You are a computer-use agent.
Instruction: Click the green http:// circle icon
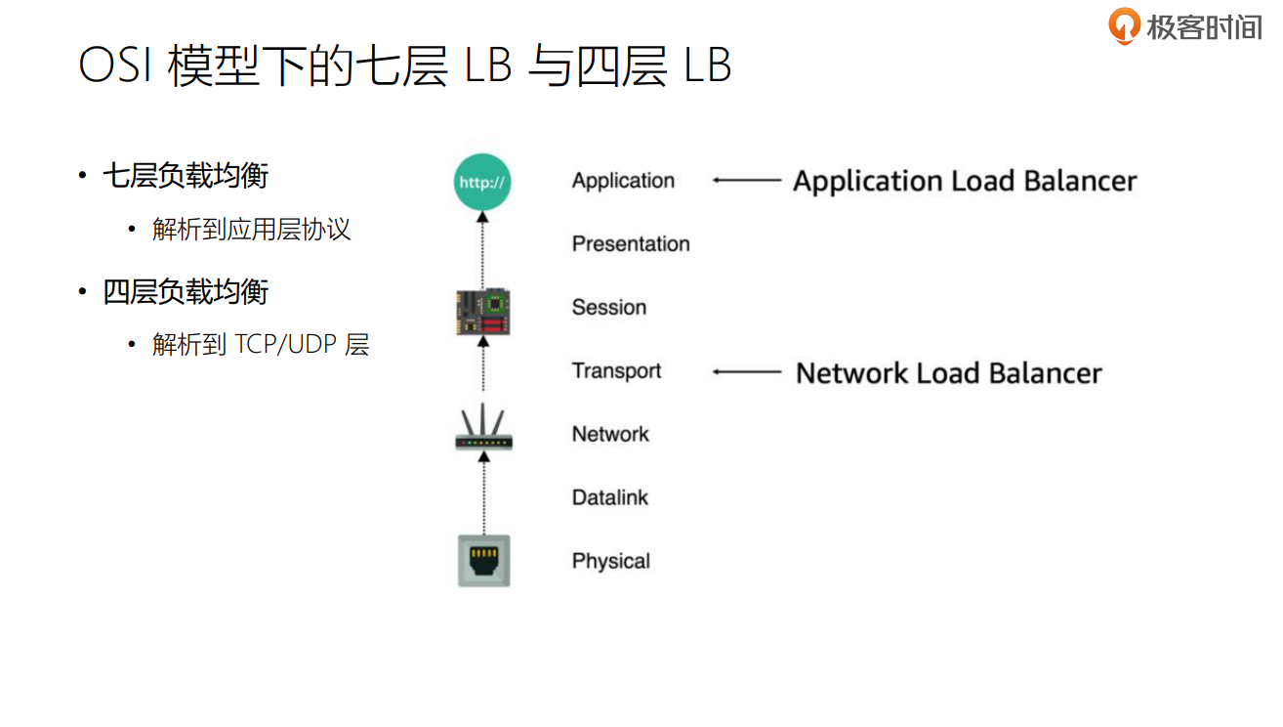[x=482, y=182]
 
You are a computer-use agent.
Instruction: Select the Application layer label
[x=623, y=181]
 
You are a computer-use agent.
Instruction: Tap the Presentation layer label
[x=631, y=244]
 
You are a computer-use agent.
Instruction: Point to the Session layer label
[x=609, y=308]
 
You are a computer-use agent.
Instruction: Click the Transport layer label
[x=616, y=371]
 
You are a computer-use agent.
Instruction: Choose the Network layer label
[x=610, y=435]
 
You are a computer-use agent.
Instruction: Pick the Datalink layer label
[x=610, y=498]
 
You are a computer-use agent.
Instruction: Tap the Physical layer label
[x=611, y=562]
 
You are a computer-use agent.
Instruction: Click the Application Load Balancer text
[x=965, y=182]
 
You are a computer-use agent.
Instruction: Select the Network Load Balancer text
[x=948, y=373]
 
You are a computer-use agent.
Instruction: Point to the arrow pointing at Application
[x=747, y=181]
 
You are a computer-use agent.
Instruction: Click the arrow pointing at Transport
[x=747, y=372]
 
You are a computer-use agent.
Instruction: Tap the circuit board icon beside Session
[x=484, y=312]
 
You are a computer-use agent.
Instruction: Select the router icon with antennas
[x=484, y=431]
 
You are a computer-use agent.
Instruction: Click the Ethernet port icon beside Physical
[x=484, y=561]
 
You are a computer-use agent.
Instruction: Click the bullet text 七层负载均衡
[x=186, y=177]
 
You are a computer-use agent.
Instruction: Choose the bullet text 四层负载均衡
[x=186, y=292]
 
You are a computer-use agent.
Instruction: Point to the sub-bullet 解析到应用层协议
[x=251, y=231]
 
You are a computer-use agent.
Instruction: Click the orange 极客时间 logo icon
[x=1125, y=25]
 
